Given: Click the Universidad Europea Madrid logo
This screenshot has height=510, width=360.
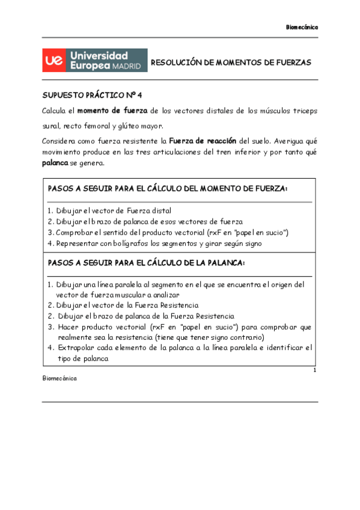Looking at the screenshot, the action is [x=94, y=61].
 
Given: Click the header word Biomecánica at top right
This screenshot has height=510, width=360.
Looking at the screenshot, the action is [x=301, y=27].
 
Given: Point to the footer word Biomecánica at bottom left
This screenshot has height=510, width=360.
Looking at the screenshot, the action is [x=59, y=379].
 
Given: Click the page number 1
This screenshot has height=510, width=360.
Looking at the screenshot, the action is [x=314, y=370].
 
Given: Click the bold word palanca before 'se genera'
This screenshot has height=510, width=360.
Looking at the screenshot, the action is [x=56, y=163].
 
